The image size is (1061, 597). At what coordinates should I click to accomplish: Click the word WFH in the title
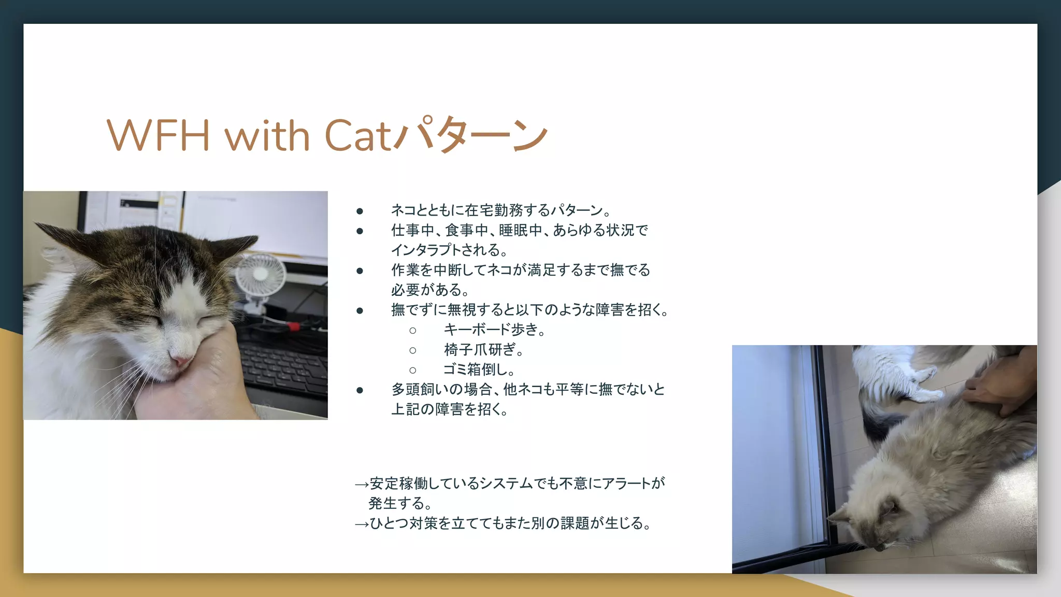click(x=157, y=136)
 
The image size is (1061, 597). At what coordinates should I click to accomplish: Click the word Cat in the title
click(x=357, y=136)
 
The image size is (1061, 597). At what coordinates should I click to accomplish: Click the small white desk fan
click(x=261, y=275)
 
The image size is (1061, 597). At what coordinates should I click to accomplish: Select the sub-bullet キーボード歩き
click(x=494, y=330)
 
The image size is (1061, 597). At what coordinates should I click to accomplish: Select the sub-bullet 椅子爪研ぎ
click(x=483, y=350)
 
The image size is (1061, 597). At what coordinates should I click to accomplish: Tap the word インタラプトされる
click(x=449, y=250)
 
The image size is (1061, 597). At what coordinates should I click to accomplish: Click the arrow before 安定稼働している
click(x=361, y=485)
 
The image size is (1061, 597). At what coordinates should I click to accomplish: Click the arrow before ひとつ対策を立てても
click(x=361, y=524)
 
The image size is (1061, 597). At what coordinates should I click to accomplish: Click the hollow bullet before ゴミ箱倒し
click(x=412, y=370)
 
